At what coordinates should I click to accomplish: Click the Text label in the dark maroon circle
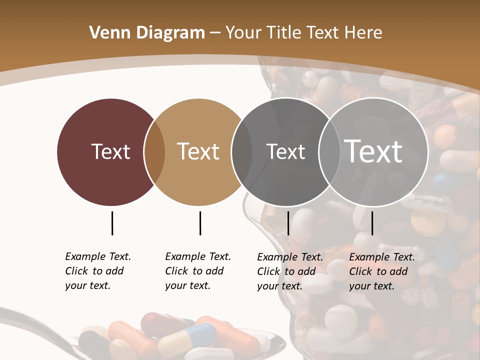[x=110, y=151]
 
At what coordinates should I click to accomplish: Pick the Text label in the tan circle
[x=198, y=151]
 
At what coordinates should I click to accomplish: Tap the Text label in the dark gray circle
[x=285, y=151]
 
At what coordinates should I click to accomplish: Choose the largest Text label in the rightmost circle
[x=373, y=151]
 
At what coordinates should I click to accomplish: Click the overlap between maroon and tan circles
[x=154, y=152]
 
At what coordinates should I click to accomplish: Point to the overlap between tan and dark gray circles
[x=242, y=152]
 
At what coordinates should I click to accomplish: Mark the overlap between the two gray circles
[x=329, y=152]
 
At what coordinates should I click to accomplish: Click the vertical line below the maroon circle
[x=112, y=223]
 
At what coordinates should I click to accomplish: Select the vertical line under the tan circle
[x=200, y=223]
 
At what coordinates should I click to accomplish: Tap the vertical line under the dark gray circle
[x=288, y=223]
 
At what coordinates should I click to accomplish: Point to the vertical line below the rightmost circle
[x=372, y=223]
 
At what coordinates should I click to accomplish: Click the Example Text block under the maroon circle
[x=97, y=271]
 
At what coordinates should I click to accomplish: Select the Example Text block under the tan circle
[x=197, y=271]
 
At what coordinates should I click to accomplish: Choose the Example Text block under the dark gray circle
[x=289, y=271]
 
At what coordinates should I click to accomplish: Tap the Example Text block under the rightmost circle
[x=381, y=271]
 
